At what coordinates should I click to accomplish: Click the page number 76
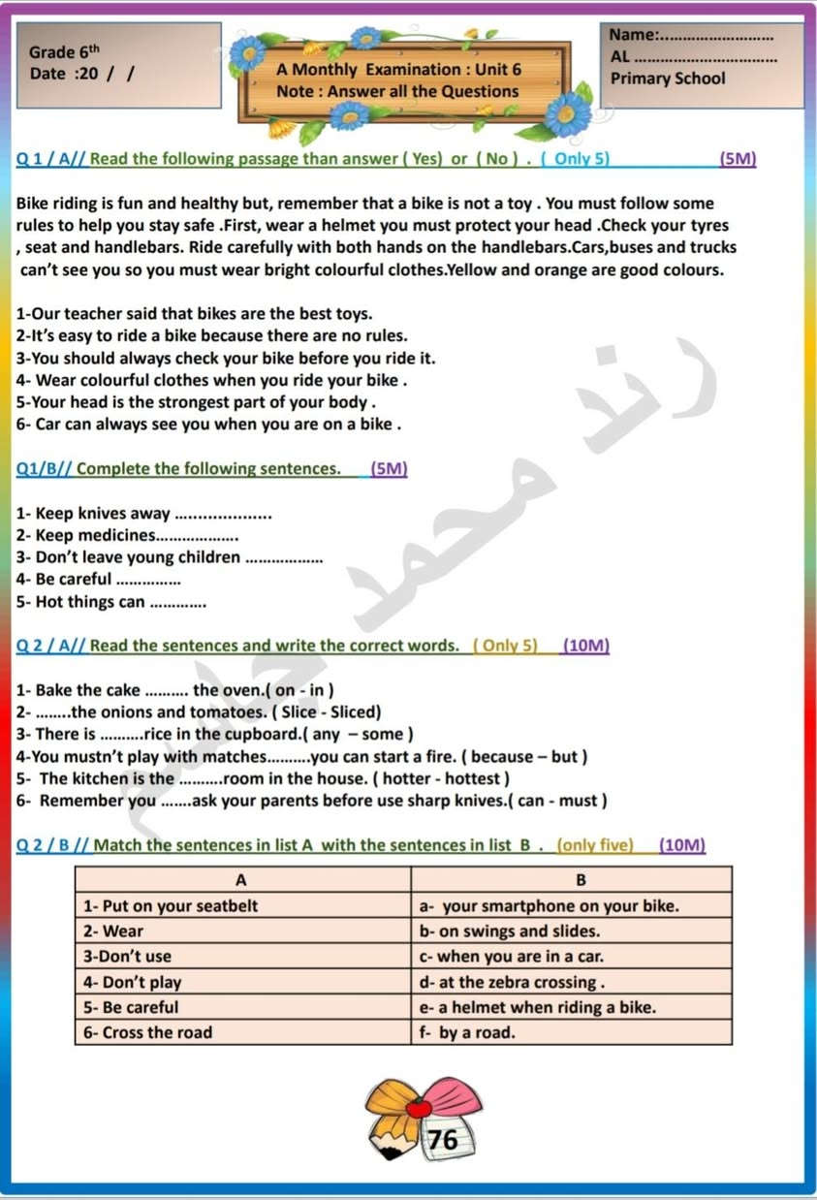click(x=443, y=1139)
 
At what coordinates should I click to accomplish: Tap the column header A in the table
click(x=241, y=880)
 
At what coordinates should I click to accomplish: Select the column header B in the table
click(x=581, y=880)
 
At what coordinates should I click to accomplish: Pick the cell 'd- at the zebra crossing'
click(x=512, y=982)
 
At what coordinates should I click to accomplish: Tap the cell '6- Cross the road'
click(x=148, y=1032)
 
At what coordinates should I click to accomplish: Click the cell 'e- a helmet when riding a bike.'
click(x=537, y=1007)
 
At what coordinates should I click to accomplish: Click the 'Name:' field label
click(x=633, y=35)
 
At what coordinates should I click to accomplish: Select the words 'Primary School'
click(x=668, y=79)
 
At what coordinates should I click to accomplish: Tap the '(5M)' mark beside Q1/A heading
click(x=738, y=159)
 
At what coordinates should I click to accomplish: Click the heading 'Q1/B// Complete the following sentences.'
click(x=179, y=469)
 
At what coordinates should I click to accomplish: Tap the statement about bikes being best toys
click(x=194, y=314)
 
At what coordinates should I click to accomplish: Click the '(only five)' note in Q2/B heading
click(x=595, y=845)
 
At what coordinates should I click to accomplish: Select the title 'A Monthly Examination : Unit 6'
click(x=398, y=70)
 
